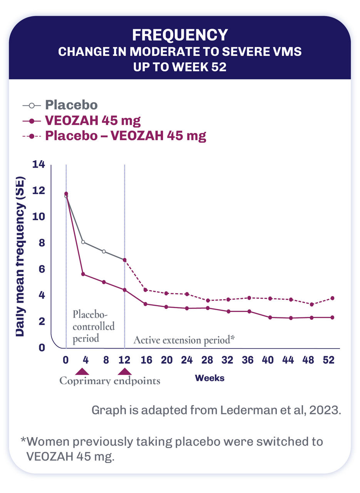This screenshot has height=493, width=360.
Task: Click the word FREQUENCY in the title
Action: [x=180, y=35]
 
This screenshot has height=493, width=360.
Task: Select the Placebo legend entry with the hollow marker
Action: [x=71, y=105]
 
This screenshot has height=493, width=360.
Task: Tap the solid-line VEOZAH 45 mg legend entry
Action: [x=92, y=121]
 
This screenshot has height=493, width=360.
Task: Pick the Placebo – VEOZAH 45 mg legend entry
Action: [x=126, y=136]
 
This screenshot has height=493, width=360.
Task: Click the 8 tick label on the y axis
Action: [x=42, y=243]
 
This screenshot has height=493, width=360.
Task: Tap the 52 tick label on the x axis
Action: [x=328, y=360]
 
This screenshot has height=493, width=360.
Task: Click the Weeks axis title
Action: [x=209, y=378]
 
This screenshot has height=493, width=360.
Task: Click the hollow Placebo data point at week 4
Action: [x=83, y=242]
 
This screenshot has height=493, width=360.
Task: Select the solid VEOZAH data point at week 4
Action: [x=83, y=274]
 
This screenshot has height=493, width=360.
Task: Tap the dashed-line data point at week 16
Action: [x=145, y=290]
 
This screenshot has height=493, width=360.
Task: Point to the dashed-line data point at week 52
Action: [x=332, y=298]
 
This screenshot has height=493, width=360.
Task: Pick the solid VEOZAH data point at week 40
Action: [x=270, y=317]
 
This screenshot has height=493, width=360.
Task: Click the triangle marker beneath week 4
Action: [x=82, y=372]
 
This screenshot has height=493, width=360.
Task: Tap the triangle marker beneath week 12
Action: [x=124, y=372]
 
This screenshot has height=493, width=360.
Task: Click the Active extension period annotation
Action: [x=184, y=340]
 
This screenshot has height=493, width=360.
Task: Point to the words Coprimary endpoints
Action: [x=110, y=381]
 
